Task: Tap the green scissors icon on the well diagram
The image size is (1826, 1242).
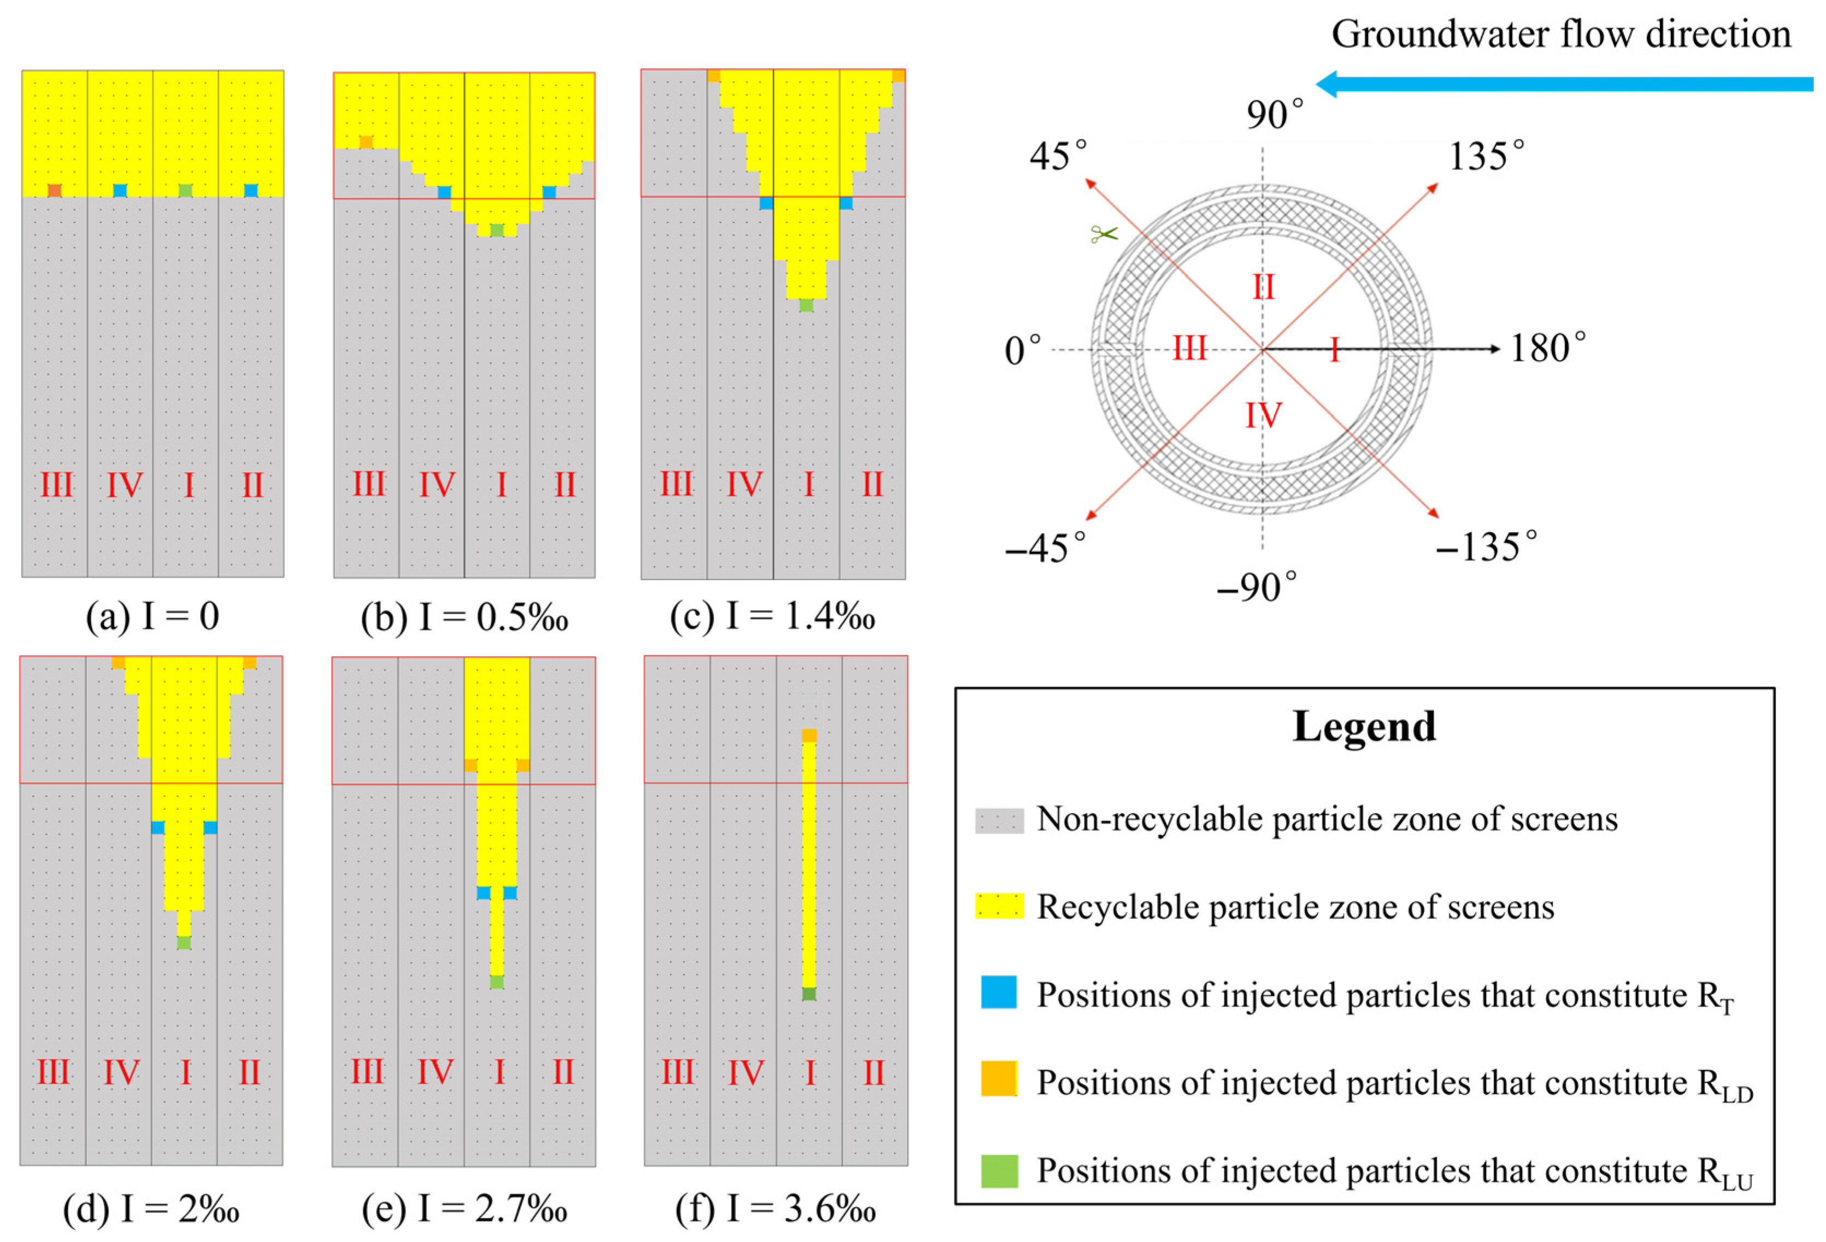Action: [1103, 233]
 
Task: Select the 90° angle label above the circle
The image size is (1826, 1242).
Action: [1274, 115]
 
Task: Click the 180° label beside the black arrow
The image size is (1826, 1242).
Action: [1547, 348]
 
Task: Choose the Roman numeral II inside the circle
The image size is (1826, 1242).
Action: [1263, 287]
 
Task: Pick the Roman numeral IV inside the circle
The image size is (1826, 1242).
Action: [1263, 415]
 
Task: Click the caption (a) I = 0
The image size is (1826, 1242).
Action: [152, 617]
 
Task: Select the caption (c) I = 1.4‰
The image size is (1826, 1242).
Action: [773, 617]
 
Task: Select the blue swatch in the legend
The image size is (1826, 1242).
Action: [999, 992]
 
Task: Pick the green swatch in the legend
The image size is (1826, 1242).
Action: [999, 1170]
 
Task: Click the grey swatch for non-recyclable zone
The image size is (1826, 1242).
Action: [999, 820]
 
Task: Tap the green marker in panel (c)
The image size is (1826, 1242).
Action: [806, 305]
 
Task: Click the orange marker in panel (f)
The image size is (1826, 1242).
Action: [809, 735]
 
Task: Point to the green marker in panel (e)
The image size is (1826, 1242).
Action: [497, 981]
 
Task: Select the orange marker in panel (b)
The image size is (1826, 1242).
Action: [366, 142]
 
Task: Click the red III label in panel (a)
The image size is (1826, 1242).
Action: [57, 485]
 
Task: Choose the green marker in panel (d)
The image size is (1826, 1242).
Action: [184, 942]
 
